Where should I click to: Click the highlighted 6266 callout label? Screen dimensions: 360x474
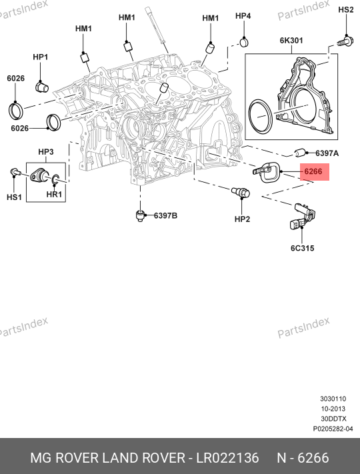pyautogui.click(x=313, y=172)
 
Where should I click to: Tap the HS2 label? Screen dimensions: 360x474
pyautogui.click(x=346, y=10)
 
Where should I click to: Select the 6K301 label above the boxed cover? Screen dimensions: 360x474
pyautogui.click(x=291, y=40)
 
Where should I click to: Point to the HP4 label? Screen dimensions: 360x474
pyautogui.click(x=243, y=16)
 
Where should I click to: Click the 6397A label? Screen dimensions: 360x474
pyautogui.click(x=327, y=153)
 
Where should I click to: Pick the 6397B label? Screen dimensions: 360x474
pyautogui.click(x=165, y=215)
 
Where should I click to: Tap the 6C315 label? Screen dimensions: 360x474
pyautogui.click(x=302, y=248)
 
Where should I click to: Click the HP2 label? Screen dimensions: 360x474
pyautogui.click(x=243, y=219)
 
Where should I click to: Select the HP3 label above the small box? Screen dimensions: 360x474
pyautogui.click(x=46, y=152)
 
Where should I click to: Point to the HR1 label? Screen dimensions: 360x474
pyautogui.click(x=54, y=195)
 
